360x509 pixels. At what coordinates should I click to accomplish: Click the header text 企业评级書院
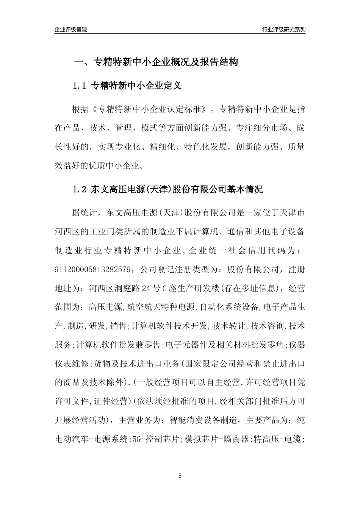pyautogui.click(x=71, y=30)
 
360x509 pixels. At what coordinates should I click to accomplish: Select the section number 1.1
pyautogui.click(x=80, y=86)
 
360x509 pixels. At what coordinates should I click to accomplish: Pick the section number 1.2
pyautogui.click(x=80, y=189)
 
